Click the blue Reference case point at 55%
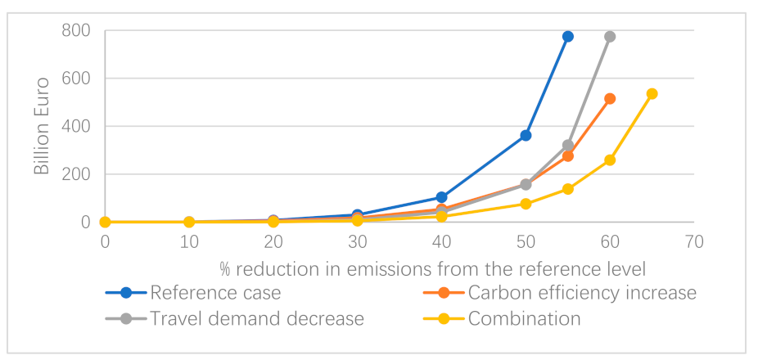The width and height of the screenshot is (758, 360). click(567, 37)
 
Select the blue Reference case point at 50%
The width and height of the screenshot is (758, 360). click(526, 135)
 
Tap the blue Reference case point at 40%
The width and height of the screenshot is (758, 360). click(441, 197)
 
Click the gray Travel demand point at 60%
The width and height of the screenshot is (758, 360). click(610, 37)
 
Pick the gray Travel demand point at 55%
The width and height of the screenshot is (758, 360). click(567, 145)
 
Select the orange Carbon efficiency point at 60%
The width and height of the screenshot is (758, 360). click(610, 99)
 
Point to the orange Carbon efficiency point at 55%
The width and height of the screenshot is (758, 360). click(567, 156)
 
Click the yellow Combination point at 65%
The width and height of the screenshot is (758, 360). click(652, 94)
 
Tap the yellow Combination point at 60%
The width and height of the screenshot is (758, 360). click(610, 160)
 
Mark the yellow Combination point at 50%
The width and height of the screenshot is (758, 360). click(526, 204)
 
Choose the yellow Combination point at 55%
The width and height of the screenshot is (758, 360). click(567, 189)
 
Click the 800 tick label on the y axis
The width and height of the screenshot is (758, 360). click(74, 31)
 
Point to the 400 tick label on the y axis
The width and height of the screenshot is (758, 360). click(74, 127)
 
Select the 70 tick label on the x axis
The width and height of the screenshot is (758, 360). click(694, 241)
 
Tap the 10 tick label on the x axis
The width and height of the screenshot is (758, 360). click(189, 241)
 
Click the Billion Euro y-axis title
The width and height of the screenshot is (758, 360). click(41, 127)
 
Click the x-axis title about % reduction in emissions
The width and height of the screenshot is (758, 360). click(433, 268)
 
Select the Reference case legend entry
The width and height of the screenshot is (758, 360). click(215, 293)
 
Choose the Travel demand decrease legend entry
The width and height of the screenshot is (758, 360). click(257, 318)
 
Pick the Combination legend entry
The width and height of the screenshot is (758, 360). click(524, 318)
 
